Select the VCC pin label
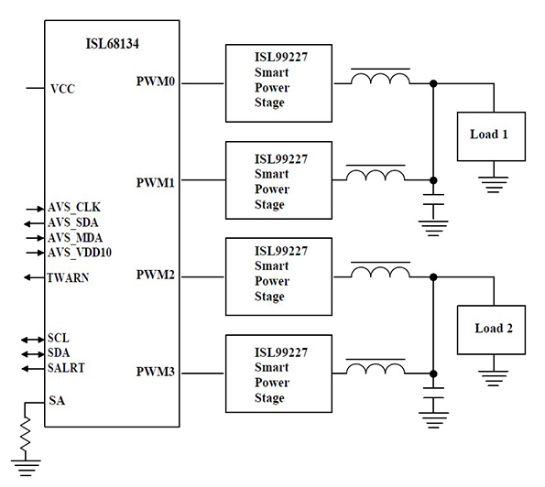coord(62,89)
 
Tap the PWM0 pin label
coord(156,82)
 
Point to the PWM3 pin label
coord(156,373)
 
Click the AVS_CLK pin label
coord(74,208)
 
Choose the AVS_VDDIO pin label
coord(80,252)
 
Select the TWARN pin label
coord(69,278)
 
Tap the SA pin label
coord(56,401)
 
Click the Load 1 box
coord(489,135)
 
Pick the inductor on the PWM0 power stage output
coord(376,81)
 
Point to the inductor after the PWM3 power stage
coord(376,370)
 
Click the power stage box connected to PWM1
coord(269,181)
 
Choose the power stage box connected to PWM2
coord(269,273)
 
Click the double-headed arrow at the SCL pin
coord(35,339)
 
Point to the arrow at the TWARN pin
coord(35,277)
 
